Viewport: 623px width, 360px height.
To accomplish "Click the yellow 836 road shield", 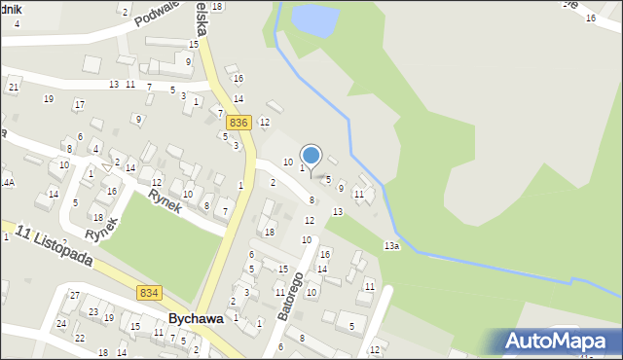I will click(x=239, y=123).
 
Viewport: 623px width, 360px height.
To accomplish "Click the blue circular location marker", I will click(x=311, y=155).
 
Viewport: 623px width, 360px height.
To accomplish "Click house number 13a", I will click(x=391, y=246).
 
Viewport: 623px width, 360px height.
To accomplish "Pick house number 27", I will click(x=74, y=295).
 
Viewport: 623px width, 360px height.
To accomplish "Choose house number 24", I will click(x=60, y=323).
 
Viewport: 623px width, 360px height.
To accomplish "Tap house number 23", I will click(x=93, y=311).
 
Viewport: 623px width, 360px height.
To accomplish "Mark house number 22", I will click(x=80, y=338).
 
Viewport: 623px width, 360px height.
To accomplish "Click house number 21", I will click(x=13, y=88).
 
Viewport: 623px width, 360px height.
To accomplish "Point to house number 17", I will click(x=80, y=104).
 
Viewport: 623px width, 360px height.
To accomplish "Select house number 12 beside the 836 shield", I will click(x=264, y=121).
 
